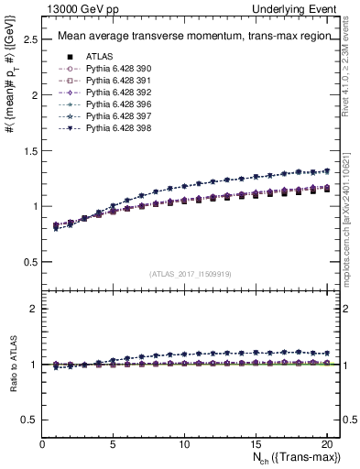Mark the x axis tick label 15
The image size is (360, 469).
255,444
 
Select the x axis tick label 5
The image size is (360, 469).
113,444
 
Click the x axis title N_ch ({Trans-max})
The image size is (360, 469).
291,458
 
